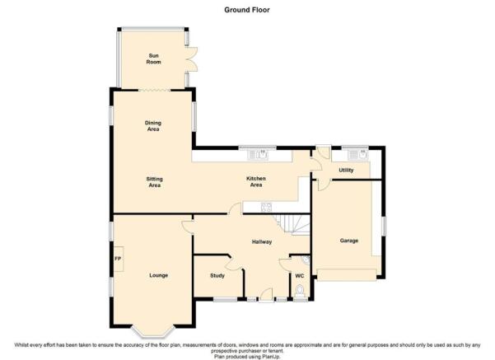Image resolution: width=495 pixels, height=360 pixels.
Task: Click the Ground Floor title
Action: [x=247, y=10]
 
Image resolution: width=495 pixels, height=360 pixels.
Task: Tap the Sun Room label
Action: [x=153, y=58]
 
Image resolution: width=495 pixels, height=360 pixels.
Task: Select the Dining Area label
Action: [x=153, y=126]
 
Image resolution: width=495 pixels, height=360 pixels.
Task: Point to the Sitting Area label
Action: [x=154, y=182]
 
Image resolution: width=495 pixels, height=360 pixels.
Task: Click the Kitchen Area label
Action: [x=256, y=181]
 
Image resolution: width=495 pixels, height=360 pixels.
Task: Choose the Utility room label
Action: [x=346, y=170]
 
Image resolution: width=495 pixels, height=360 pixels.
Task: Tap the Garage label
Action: [x=349, y=241]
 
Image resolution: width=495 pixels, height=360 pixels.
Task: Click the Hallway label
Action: [x=262, y=242]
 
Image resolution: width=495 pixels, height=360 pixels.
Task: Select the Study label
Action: [x=217, y=275]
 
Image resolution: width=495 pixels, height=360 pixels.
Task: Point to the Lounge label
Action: [x=158, y=275]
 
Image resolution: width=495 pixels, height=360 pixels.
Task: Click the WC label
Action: [x=300, y=276]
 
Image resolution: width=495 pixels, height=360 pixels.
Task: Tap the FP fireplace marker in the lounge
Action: [x=118, y=259]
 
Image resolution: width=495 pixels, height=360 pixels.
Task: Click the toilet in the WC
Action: [x=300, y=291]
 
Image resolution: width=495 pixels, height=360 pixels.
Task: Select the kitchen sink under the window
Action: [x=258, y=154]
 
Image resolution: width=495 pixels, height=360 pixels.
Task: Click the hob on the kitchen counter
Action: [x=266, y=207]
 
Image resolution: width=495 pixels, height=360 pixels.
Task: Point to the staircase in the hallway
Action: [x=292, y=224]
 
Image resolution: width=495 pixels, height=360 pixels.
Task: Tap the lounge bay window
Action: [x=153, y=331]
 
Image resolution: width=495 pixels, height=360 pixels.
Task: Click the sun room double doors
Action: [x=191, y=59]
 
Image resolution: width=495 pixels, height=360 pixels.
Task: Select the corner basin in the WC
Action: [x=306, y=259]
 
